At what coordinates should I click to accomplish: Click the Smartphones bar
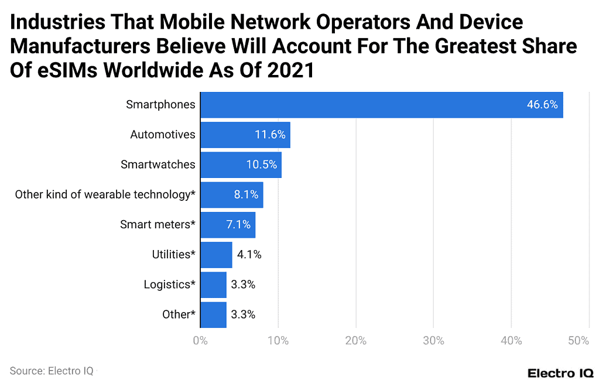pyautogui.click(x=381, y=105)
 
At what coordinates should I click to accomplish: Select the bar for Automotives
pyautogui.click(x=245, y=135)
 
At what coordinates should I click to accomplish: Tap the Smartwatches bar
pyautogui.click(x=241, y=165)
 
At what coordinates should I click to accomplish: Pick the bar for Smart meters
pyautogui.click(x=228, y=225)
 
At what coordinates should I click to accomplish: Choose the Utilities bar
pyautogui.click(x=216, y=255)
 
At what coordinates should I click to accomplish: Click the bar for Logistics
pyautogui.click(x=213, y=285)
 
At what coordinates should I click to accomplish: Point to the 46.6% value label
pyautogui.click(x=542, y=105)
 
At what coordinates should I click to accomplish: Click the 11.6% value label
pyautogui.click(x=270, y=135)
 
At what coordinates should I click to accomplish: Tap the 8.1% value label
pyautogui.click(x=246, y=194)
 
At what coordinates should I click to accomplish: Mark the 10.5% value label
pyautogui.click(x=261, y=165)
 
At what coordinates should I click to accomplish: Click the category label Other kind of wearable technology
pyautogui.click(x=105, y=194)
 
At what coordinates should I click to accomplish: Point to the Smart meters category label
pyautogui.click(x=158, y=225)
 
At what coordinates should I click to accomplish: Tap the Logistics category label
pyautogui.click(x=169, y=285)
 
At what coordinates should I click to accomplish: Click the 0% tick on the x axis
pyautogui.click(x=200, y=341)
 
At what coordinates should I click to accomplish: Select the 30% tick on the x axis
pyautogui.click(x=433, y=341)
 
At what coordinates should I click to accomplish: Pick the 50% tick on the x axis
pyautogui.click(x=578, y=341)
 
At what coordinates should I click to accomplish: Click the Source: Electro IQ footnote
pyautogui.click(x=51, y=371)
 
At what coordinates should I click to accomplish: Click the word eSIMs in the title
pyautogui.click(x=57, y=70)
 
